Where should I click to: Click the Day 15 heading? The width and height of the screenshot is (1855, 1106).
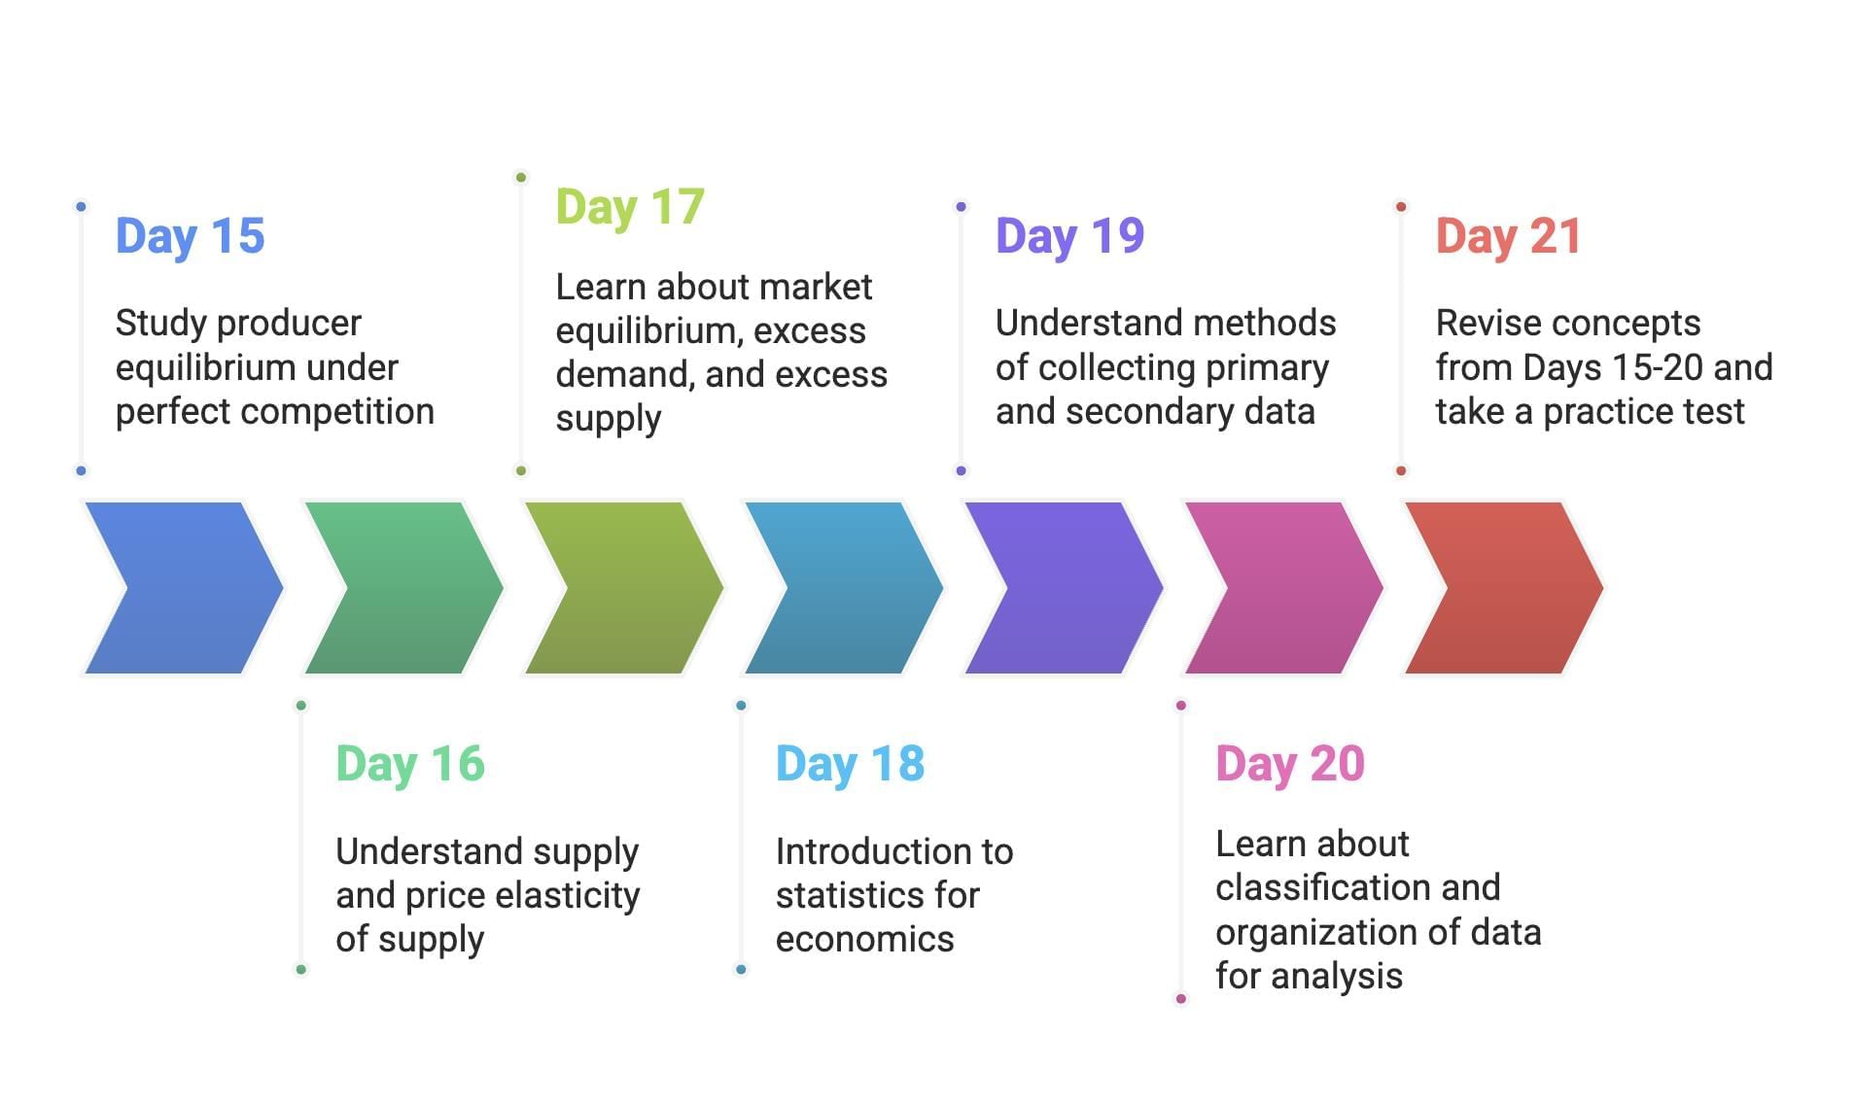(190, 236)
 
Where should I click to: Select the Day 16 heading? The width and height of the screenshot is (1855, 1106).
(410, 764)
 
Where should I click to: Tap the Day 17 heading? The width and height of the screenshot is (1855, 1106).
(630, 207)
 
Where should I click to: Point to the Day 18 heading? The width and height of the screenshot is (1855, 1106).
(850, 764)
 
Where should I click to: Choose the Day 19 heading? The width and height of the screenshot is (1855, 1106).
(1069, 236)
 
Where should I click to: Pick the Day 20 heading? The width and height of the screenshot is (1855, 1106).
(1290, 764)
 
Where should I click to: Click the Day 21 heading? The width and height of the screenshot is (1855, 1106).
(1509, 236)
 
